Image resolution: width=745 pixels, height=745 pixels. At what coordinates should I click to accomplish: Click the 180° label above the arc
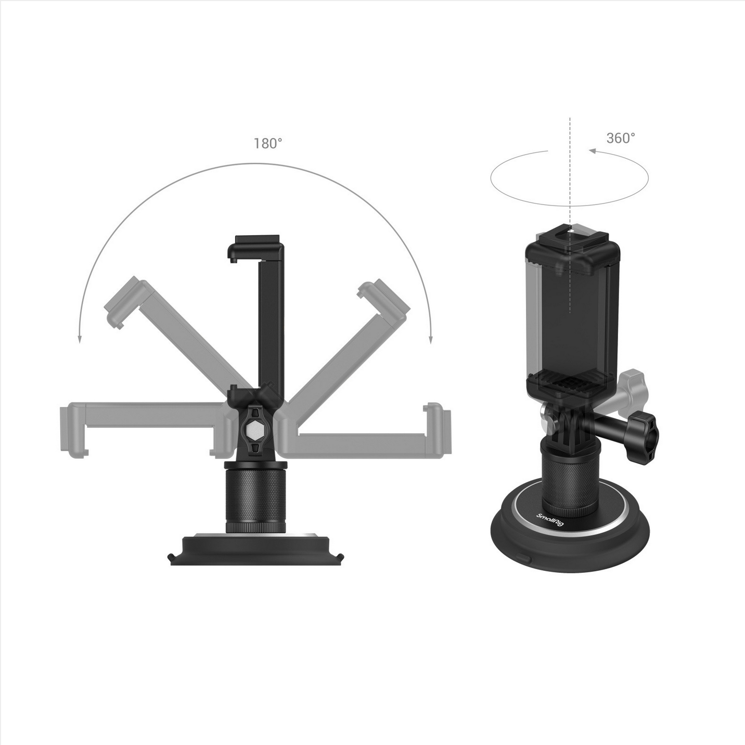tap(267, 144)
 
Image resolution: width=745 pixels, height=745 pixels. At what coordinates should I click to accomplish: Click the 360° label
tap(621, 138)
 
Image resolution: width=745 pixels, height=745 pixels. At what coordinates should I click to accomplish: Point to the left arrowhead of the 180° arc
tap(80, 340)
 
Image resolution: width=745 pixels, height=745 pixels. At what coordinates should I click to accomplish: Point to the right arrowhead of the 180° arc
tap(431, 340)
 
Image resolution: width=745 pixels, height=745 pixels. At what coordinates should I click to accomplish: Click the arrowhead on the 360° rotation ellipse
tap(593, 151)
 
